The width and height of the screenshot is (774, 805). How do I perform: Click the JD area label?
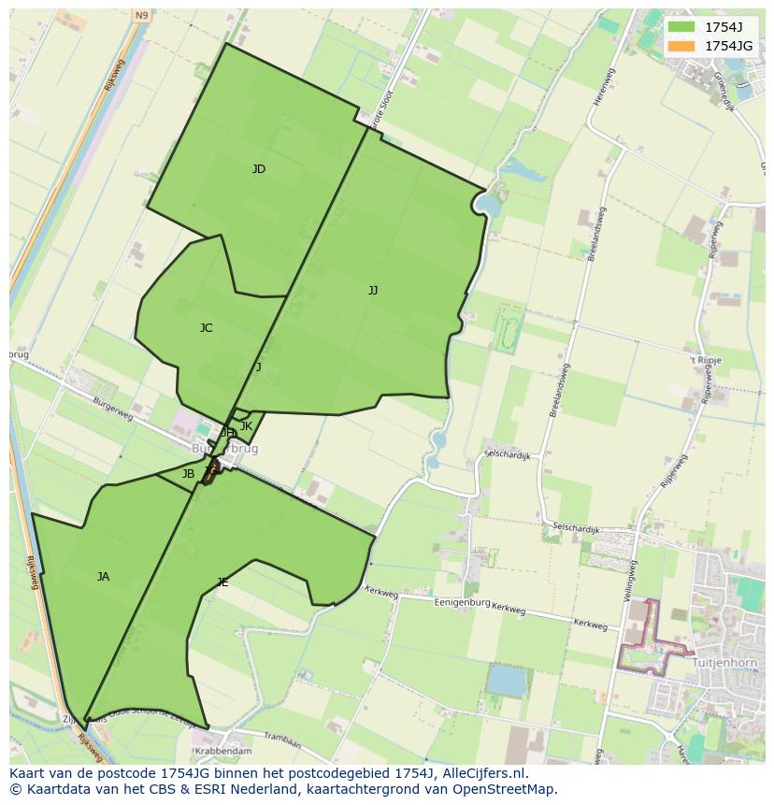(258, 169)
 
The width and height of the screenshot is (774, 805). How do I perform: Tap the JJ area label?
(373, 291)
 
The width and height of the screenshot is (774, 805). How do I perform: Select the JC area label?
(206, 328)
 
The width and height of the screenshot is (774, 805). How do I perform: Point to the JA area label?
(103, 577)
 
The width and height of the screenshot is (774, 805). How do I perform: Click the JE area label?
(222, 582)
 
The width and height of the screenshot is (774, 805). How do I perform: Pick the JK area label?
(246, 426)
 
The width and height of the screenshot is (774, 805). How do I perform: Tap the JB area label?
(188, 474)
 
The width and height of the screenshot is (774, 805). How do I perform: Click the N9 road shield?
(140, 16)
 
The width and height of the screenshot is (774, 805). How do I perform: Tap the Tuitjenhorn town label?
(726, 662)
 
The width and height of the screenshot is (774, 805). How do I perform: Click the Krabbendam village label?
(222, 751)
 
